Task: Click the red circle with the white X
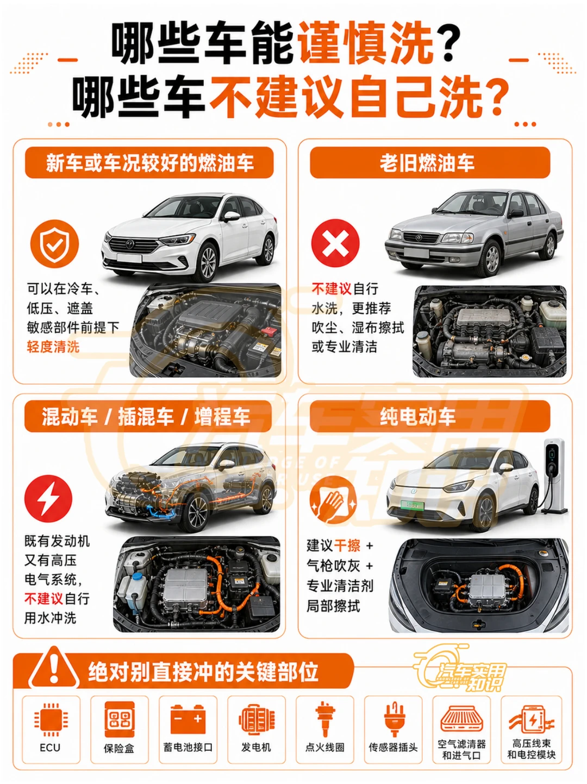(335, 243)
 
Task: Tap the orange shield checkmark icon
(54, 244)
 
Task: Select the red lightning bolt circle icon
(48, 498)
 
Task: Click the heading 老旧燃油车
(427, 163)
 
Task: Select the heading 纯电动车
(417, 417)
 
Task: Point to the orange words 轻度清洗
(53, 347)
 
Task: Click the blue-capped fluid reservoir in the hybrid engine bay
(137, 589)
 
